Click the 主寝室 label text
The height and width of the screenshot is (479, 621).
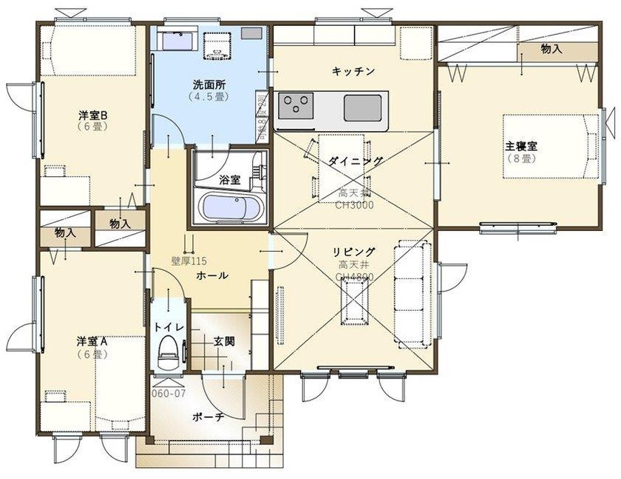click(521, 146)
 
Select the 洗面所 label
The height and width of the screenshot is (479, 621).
click(210, 84)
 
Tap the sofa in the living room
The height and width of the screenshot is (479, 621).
click(408, 289)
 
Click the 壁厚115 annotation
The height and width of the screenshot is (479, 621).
click(189, 261)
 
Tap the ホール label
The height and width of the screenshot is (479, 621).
click(212, 275)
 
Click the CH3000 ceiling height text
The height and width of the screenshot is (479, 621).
click(354, 205)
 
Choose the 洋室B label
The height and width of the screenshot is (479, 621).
click(93, 115)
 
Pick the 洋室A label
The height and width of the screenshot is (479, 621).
click(93, 341)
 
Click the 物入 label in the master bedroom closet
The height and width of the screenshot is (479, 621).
click(552, 50)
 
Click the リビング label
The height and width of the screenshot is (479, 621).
click(354, 252)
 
